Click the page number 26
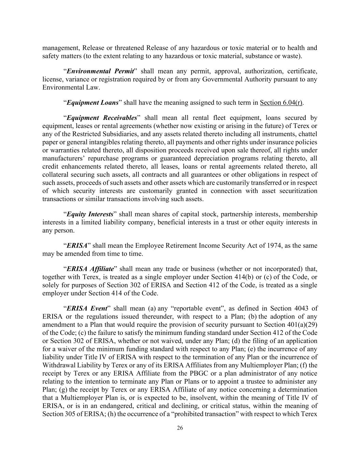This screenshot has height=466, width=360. click(x=180, y=428)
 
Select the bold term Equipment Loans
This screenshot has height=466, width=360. click(x=92, y=102)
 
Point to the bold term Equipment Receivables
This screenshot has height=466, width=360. click(x=102, y=118)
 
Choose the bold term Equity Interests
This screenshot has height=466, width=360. click(x=90, y=214)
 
